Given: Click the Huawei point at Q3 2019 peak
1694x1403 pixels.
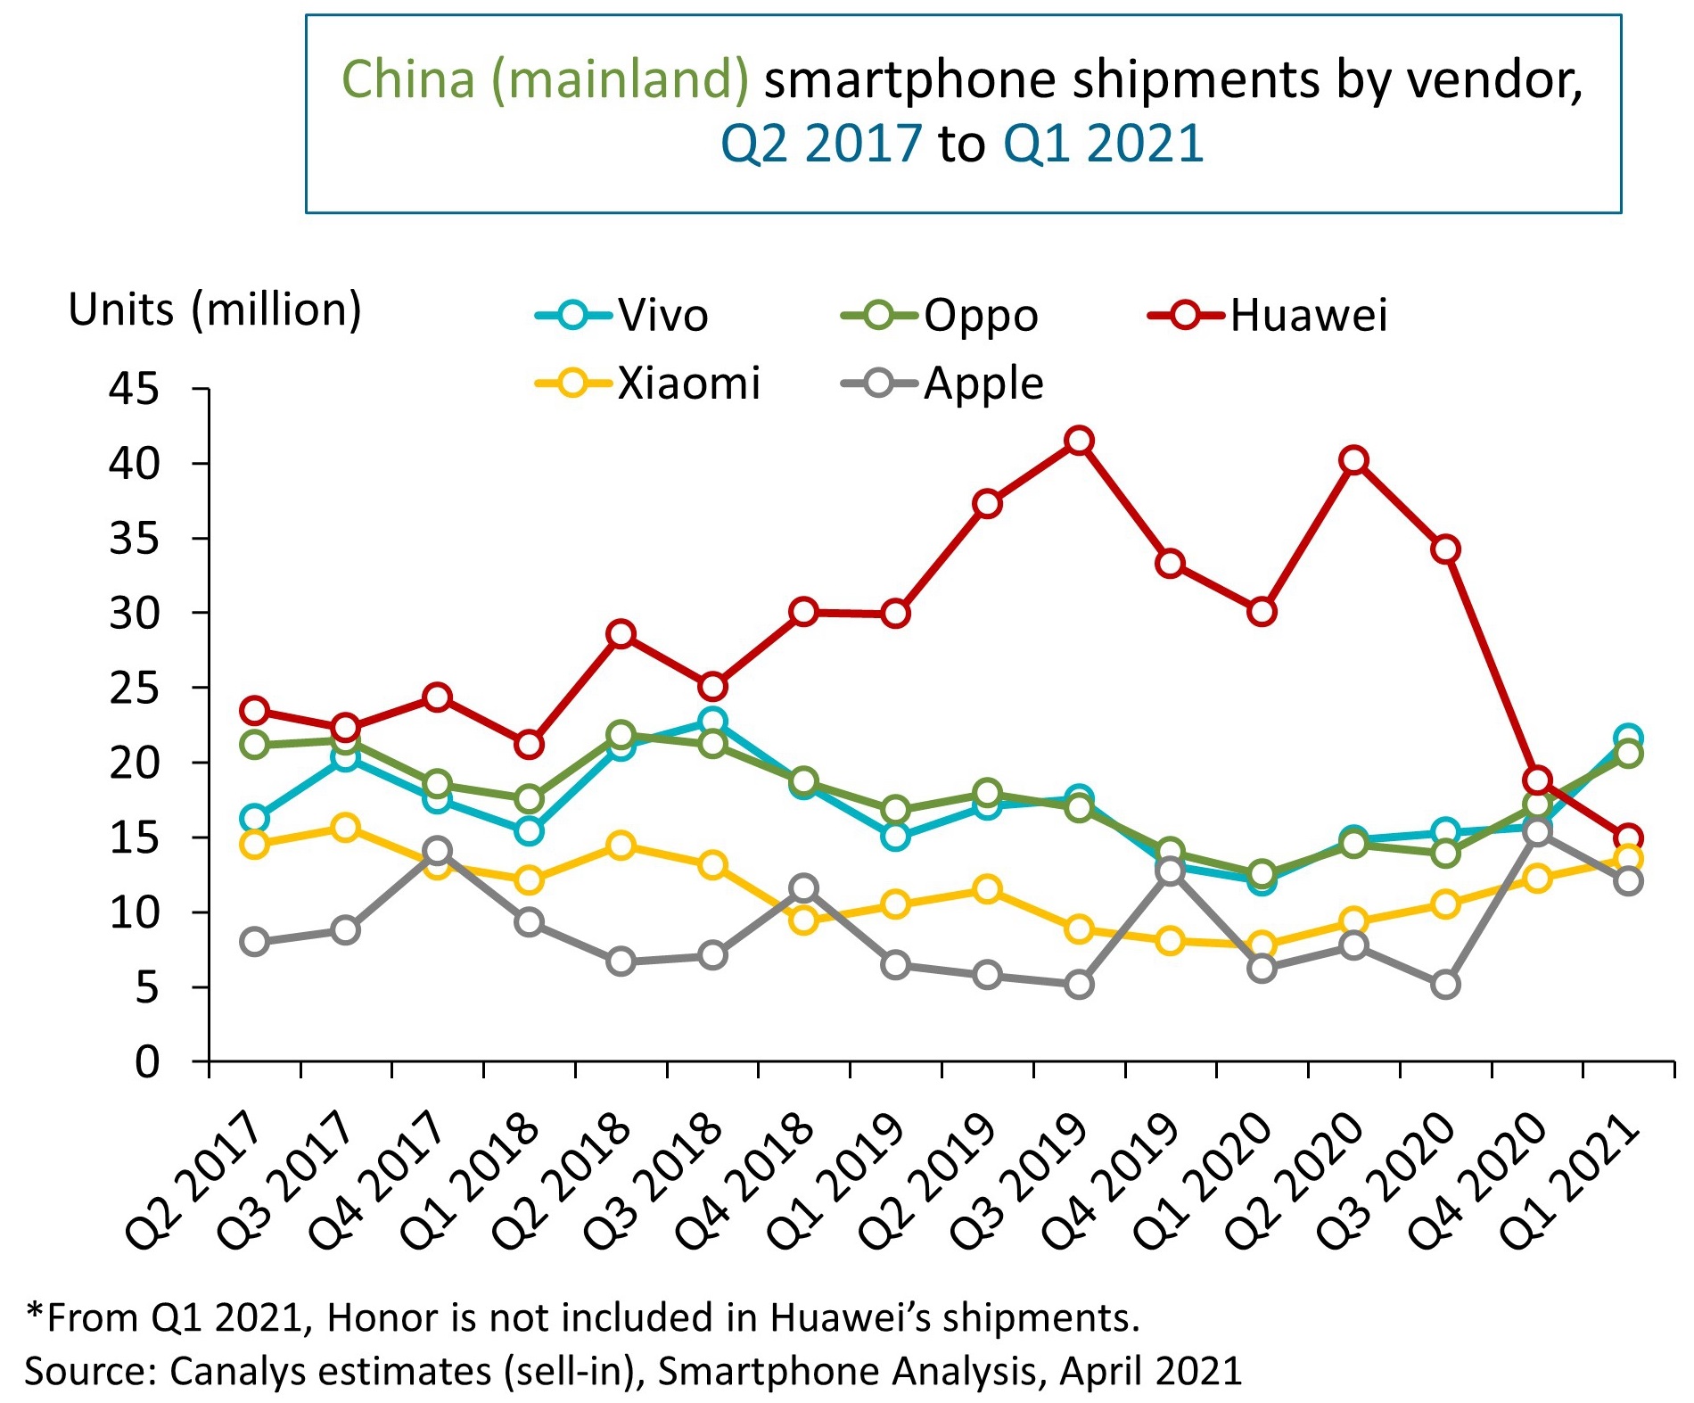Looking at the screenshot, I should pos(1079,441).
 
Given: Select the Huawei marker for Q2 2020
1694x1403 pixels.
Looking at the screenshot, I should pos(1354,460).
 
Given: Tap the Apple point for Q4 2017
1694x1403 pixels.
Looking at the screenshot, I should pos(437,850).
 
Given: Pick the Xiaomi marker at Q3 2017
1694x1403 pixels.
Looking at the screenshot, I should pos(345,828).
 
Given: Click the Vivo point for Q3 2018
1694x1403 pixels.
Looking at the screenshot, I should pos(712,721).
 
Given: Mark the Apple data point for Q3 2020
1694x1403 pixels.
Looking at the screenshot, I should pos(1445,985).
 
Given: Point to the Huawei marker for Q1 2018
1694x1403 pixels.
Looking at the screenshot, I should pos(529,744).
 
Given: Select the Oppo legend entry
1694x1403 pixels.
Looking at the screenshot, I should pos(940,316).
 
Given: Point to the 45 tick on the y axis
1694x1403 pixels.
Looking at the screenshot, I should pos(134,389).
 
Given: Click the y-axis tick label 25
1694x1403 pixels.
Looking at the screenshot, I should pos(134,689).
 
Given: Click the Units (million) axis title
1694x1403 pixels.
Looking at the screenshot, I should pos(215,310).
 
